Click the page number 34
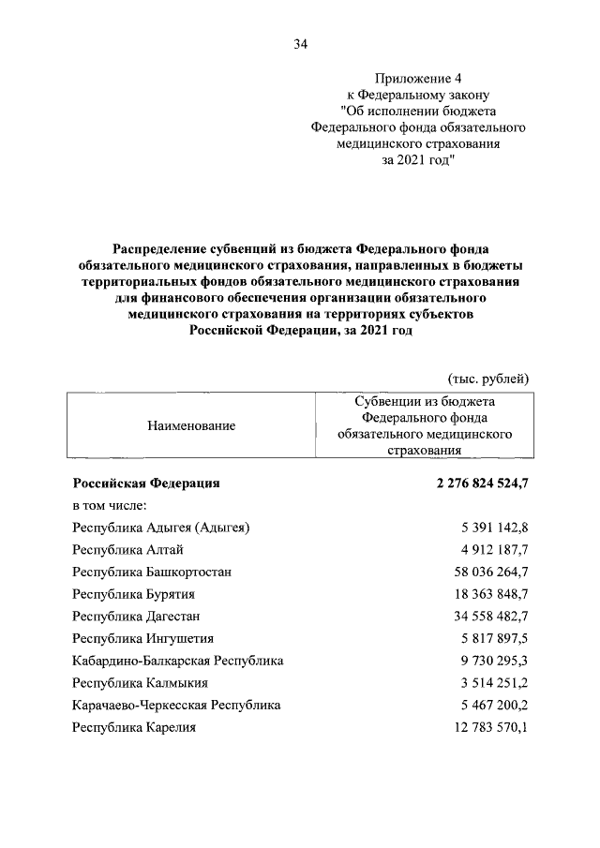click(300, 44)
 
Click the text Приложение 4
click(417, 78)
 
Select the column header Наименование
click(191, 425)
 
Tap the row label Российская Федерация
click(146, 484)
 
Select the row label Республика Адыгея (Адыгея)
click(161, 528)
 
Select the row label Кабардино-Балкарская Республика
click(178, 661)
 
